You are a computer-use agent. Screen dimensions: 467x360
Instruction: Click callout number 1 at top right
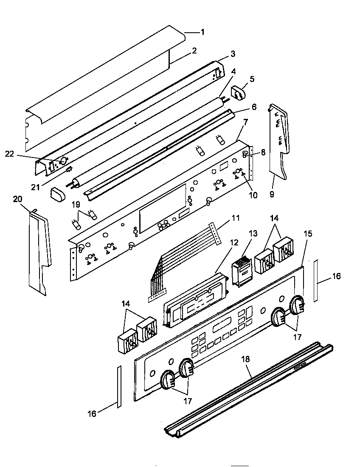(x=202, y=32)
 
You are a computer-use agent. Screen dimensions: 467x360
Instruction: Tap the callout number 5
(x=252, y=79)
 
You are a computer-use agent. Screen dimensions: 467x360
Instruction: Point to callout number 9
(x=272, y=194)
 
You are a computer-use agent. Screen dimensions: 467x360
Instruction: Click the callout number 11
(x=235, y=218)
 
